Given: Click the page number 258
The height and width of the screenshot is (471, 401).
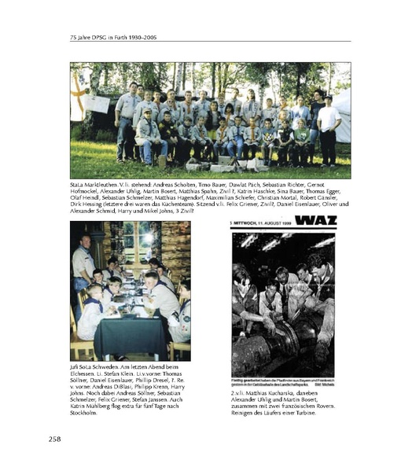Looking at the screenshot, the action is point(57,437).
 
